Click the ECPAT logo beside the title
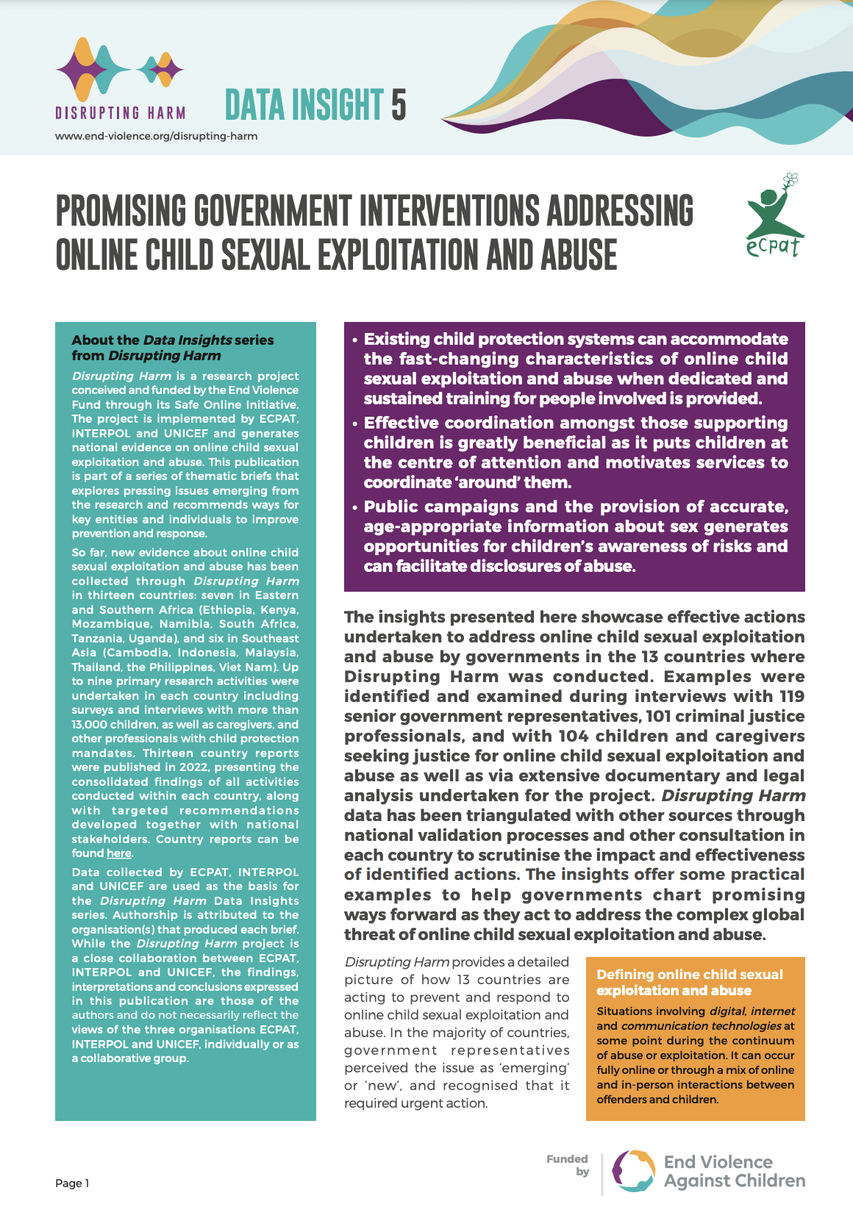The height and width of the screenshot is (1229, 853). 773,217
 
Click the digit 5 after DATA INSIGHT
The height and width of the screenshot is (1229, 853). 399,105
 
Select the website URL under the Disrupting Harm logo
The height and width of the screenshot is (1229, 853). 156,136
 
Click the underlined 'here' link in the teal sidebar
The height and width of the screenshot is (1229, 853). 119,853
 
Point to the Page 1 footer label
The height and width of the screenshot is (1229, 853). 72,1183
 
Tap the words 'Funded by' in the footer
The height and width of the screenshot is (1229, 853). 568,1165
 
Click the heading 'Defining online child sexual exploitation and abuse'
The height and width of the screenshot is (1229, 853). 689,982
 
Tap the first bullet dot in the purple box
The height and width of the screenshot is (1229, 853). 354,340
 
